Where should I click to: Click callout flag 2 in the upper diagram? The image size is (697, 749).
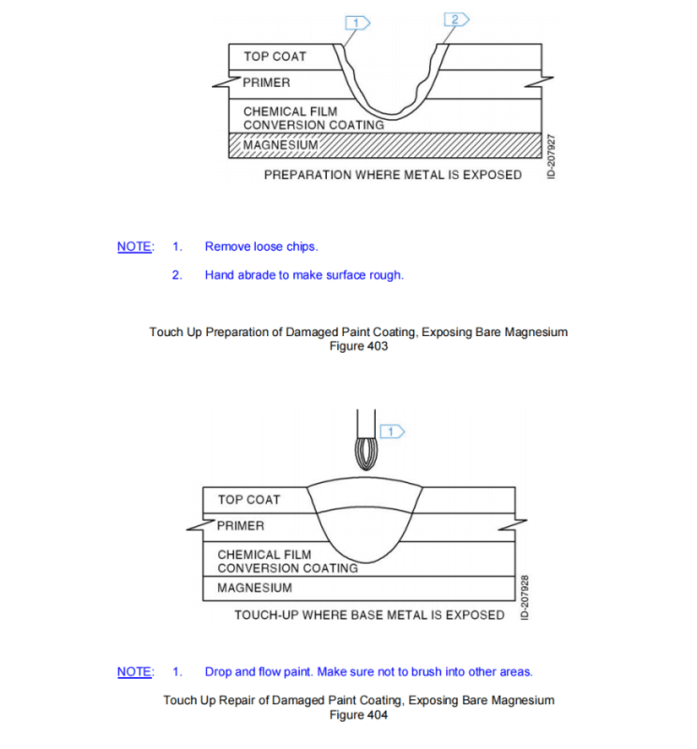456,20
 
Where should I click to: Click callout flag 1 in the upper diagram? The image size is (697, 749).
358,20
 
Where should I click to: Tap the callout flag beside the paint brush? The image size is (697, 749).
391,431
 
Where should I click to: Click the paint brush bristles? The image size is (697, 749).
366,455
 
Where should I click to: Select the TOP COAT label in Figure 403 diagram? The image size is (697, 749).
274,57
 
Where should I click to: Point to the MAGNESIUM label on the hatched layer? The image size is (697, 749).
281,145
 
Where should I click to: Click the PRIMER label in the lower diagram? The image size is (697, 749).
241,525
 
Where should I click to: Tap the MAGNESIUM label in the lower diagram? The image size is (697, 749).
254,588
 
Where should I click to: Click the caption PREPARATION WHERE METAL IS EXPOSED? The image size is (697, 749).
393,175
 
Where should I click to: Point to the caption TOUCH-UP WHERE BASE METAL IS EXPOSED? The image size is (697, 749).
369,615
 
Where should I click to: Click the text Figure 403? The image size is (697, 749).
358,346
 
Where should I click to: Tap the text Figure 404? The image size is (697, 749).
358,715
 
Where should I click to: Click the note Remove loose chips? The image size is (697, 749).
261,247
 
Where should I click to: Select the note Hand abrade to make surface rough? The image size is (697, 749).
304,275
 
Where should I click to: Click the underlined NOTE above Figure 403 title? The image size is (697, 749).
134,247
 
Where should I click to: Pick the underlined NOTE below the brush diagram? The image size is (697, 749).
134,672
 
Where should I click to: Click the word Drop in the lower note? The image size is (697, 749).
217,672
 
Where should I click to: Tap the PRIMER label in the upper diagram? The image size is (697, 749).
266,82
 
